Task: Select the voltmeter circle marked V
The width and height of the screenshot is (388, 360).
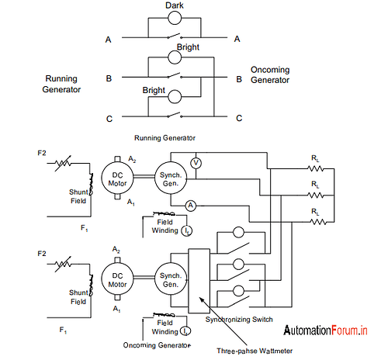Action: [196, 163]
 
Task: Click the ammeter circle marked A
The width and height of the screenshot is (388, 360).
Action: [189, 205]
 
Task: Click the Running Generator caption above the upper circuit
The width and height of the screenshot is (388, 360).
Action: [165, 137]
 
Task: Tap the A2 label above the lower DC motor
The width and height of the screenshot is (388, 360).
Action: [117, 250]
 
